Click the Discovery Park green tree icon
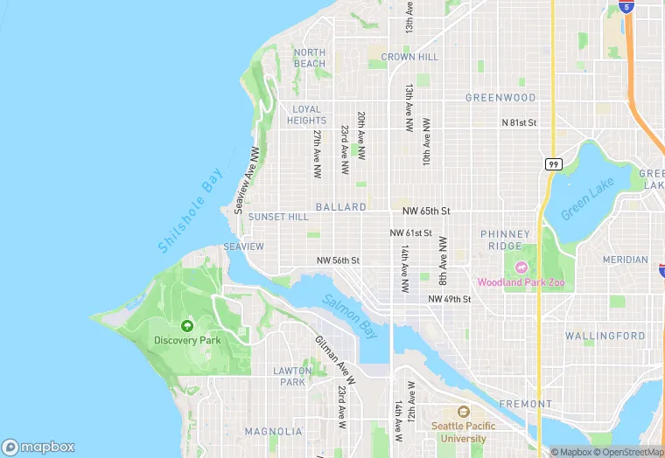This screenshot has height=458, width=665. coord(187,325)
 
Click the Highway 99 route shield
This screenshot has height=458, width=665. coord(553,164)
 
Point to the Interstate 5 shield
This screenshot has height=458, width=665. coord(626,6)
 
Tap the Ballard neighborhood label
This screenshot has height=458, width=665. coord(340,207)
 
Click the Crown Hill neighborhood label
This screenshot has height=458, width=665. coord(409,57)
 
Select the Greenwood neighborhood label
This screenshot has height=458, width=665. coord(500,97)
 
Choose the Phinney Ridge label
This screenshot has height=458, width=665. coord(506,240)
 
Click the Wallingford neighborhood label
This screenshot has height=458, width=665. coord(605,336)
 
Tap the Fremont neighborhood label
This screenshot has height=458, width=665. coord(525,404)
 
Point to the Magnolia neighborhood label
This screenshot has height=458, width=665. coord(273,431)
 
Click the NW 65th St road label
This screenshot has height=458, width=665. coord(426,212)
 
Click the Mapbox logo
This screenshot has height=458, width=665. coord(38,447)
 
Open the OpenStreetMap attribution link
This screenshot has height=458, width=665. coord(627,452)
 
